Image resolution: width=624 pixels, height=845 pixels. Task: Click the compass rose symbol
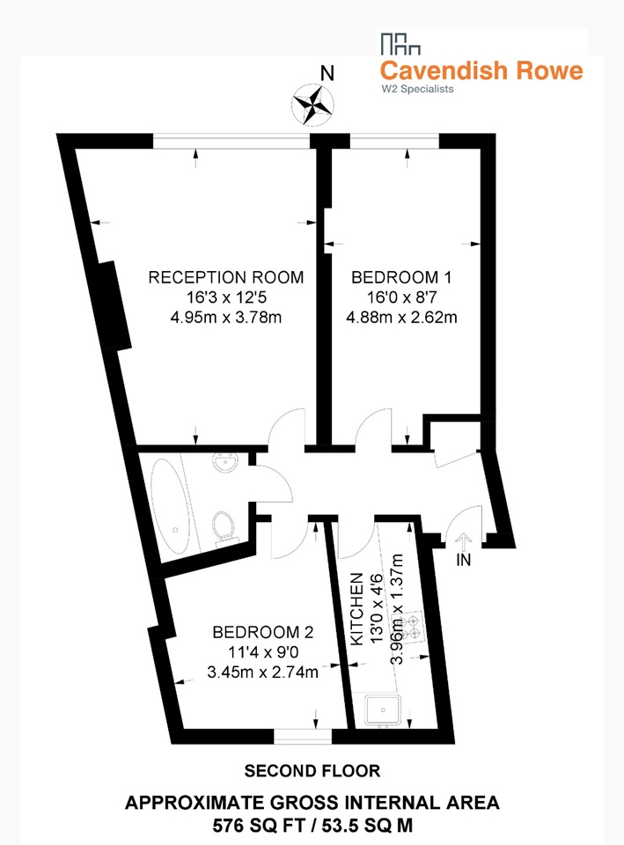[312, 105]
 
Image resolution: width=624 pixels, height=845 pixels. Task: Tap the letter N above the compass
[327, 73]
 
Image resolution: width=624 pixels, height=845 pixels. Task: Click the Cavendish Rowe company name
[481, 70]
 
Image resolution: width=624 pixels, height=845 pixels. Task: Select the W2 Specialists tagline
[418, 89]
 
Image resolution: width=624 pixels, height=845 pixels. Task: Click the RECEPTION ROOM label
[226, 277]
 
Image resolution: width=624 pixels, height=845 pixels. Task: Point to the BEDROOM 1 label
[401, 277]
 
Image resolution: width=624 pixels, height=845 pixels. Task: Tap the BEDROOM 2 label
[263, 632]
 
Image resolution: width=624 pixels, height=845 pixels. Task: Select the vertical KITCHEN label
[357, 609]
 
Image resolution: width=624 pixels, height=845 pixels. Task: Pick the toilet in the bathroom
[224, 527]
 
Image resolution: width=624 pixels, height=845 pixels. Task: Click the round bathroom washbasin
[225, 462]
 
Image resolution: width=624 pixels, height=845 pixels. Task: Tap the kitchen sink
[383, 709]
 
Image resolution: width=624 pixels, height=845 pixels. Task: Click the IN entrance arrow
[464, 540]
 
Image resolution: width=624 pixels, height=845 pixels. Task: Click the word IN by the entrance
[464, 561]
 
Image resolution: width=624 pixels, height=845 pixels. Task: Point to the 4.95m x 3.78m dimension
[226, 317]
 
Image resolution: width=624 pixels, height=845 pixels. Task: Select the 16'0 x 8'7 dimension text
[401, 297]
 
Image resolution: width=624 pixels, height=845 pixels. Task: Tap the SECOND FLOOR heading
[312, 771]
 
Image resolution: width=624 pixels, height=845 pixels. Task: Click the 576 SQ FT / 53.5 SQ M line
[312, 825]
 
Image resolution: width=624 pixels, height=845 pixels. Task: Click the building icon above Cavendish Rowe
[400, 44]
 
